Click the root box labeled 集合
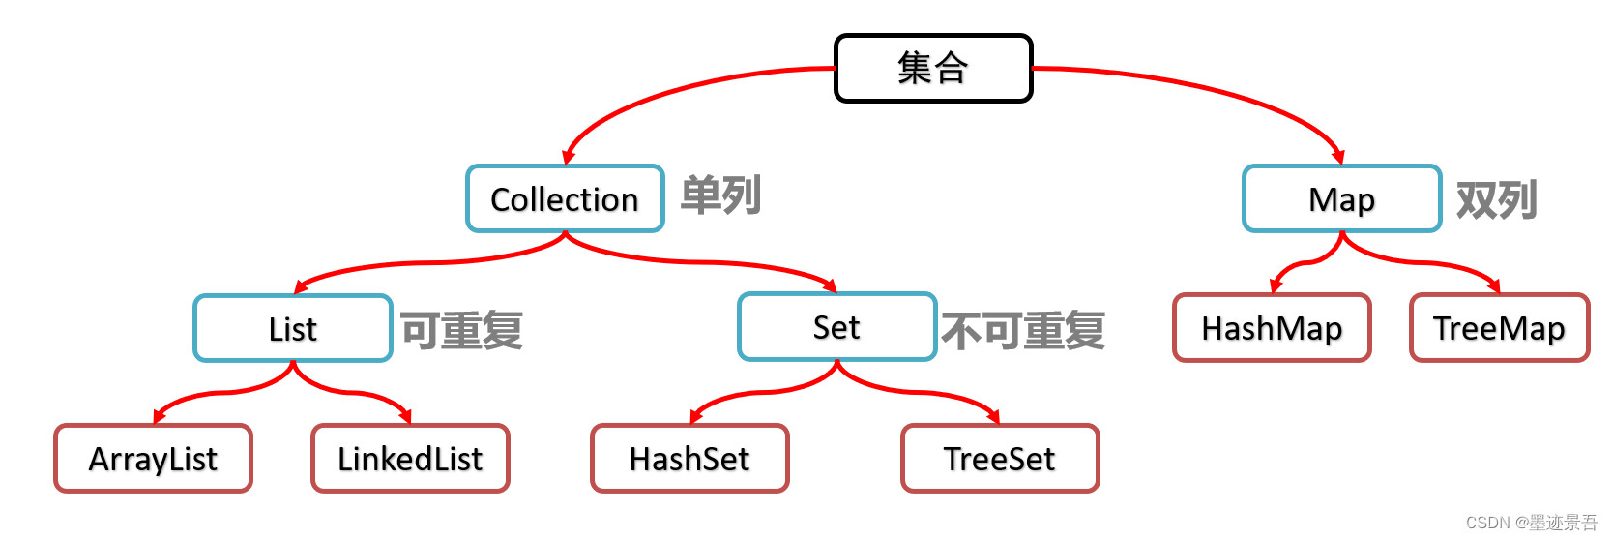click(933, 69)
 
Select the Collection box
click(565, 199)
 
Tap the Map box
click(1341, 199)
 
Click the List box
click(293, 329)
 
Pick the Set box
click(836, 327)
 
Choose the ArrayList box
click(153, 459)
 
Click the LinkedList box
click(410, 459)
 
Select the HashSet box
click(689, 459)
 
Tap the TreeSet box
click(1000, 459)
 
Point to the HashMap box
click(1272, 329)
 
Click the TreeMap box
click(1499, 329)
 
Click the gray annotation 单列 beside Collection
click(721, 195)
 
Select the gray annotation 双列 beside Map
click(1497, 200)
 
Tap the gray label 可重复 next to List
click(462, 331)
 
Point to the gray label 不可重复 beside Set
click(1023, 331)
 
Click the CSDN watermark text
click(1532, 523)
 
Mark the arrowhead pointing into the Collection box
click(568, 157)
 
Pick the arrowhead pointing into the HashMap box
click(1276, 285)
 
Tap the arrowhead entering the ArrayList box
click(159, 417)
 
